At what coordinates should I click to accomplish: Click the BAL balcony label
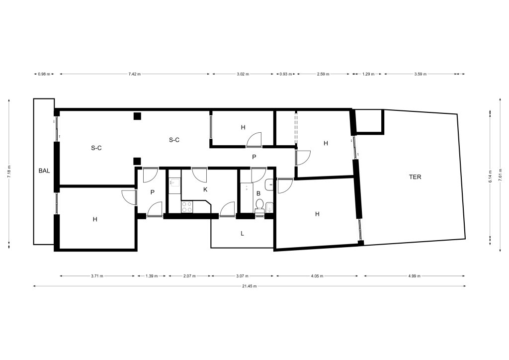(x=44, y=171)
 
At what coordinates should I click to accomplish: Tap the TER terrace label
(x=415, y=177)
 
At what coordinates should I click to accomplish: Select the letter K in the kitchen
(x=205, y=189)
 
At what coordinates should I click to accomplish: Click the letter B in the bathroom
(x=258, y=193)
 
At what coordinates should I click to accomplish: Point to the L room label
(x=242, y=233)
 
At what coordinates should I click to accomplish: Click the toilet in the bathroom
(x=259, y=206)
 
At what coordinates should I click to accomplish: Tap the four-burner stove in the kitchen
(x=187, y=207)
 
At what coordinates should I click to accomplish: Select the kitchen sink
(x=174, y=183)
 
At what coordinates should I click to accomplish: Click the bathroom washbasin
(x=269, y=185)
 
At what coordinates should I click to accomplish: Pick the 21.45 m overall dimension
(x=250, y=286)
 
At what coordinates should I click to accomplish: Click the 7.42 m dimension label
(x=135, y=74)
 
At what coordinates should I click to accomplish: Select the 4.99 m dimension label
(x=414, y=276)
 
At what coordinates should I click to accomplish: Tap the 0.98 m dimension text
(x=44, y=74)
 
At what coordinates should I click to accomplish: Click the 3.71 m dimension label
(x=97, y=276)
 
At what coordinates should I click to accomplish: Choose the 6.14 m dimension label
(x=491, y=176)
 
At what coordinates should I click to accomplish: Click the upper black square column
(x=137, y=116)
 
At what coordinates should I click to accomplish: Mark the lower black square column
(x=137, y=161)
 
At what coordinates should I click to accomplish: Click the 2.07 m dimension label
(x=189, y=276)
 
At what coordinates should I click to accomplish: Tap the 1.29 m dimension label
(x=368, y=74)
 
